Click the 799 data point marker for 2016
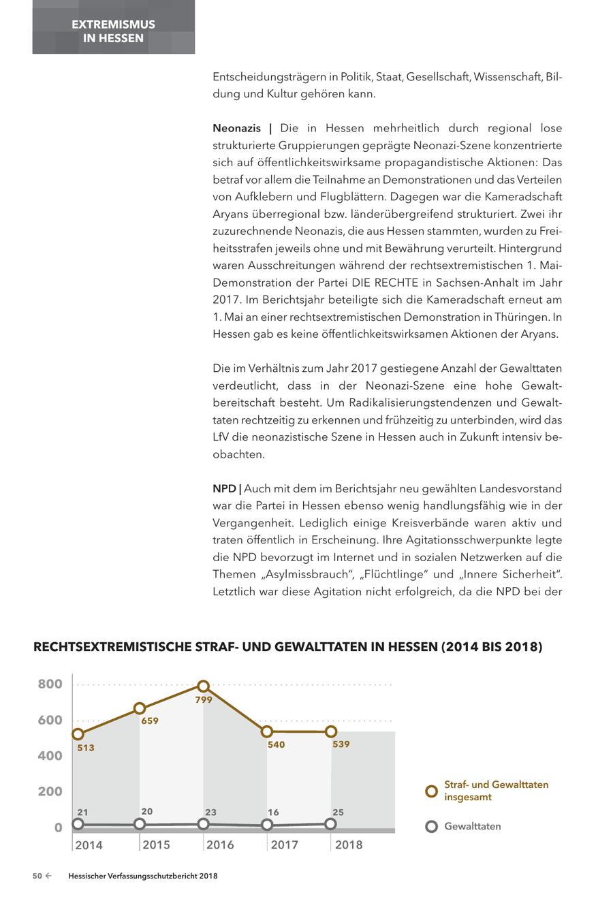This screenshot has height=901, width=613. point(203,686)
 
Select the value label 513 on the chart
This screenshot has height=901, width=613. point(86,748)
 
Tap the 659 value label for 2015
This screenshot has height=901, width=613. point(150,721)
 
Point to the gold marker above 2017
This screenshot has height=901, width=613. point(267,731)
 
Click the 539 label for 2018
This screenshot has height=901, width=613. point(341,744)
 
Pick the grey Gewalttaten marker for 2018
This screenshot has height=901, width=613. point(331,824)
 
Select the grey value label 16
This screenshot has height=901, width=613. point(273,812)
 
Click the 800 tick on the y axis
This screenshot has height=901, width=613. point(50,684)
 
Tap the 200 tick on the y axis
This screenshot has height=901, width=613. point(50,791)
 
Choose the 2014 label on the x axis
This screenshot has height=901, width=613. point(89,845)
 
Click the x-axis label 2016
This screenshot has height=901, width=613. point(220,845)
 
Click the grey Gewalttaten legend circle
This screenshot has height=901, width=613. point(431,827)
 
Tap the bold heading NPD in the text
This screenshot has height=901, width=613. point(224,488)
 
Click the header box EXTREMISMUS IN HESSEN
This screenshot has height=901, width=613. point(114,31)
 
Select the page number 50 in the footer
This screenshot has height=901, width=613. point(38,876)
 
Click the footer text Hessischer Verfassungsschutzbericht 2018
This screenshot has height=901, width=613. point(143,876)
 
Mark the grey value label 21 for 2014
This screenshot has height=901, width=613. point(83,812)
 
